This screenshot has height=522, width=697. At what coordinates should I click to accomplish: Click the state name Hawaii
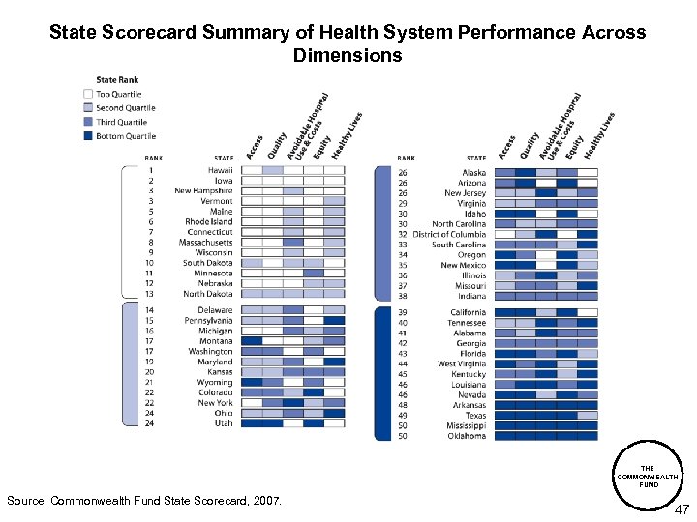point(220,170)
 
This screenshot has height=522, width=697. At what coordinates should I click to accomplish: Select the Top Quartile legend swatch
point(88,94)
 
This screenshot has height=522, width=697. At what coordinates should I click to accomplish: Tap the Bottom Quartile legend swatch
point(88,136)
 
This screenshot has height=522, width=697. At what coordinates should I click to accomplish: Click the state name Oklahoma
point(467,436)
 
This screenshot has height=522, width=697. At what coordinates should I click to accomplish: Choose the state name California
point(468,312)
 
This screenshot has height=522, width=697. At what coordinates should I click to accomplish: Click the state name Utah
point(223,423)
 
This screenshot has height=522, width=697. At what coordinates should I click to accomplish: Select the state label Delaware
point(215,310)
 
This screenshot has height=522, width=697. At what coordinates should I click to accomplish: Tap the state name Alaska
point(473,172)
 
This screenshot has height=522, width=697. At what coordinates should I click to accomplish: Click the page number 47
point(682,508)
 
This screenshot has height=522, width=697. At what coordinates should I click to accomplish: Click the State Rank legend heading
point(118,79)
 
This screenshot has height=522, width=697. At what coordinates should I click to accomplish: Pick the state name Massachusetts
point(205,243)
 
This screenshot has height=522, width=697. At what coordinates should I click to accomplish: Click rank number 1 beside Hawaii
point(150,170)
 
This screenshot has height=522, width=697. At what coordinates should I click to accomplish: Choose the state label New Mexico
point(463,265)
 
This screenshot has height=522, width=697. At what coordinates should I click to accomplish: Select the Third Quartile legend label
point(121,123)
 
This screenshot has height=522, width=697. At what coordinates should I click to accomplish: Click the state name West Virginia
point(462,363)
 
